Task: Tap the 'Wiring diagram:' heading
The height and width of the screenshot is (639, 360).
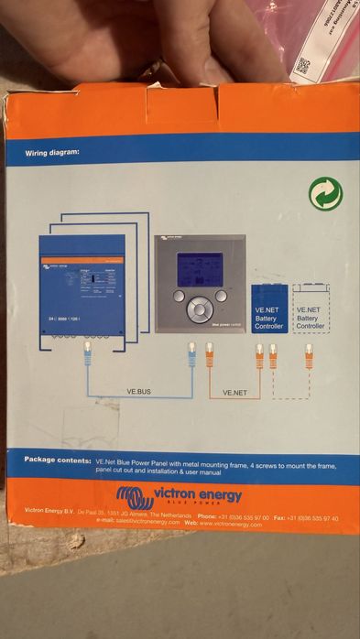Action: click(53, 153)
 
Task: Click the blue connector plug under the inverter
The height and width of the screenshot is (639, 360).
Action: click(88, 352)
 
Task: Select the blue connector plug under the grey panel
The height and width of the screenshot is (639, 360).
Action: click(192, 352)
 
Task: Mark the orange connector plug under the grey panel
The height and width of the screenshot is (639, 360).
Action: click(210, 352)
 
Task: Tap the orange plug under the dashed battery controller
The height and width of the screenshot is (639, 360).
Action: click(309, 353)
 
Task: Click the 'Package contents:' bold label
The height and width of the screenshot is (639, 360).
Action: click(58, 459)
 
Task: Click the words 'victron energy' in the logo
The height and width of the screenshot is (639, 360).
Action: click(198, 495)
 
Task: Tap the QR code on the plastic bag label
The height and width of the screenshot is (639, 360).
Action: click(304, 67)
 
